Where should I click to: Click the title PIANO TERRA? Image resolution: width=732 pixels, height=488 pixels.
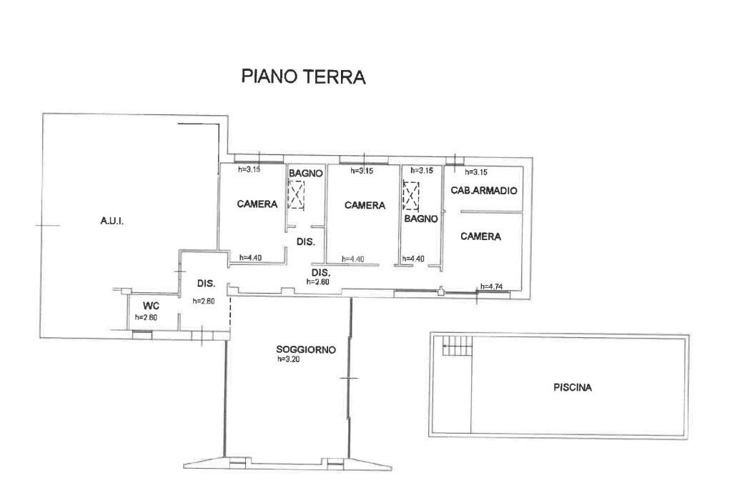(x=303, y=76)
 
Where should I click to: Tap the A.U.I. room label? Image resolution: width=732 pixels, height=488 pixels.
(x=112, y=221)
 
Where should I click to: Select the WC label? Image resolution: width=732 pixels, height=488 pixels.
(x=150, y=307)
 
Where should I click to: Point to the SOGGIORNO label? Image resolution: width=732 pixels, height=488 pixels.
(x=306, y=349)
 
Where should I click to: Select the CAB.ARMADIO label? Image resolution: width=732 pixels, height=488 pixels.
(x=483, y=191)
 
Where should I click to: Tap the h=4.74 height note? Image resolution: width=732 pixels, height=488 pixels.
(x=493, y=287)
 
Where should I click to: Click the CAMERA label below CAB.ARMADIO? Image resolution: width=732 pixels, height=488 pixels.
(x=480, y=236)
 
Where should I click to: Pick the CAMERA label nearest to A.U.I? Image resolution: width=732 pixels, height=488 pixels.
(x=257, y=204)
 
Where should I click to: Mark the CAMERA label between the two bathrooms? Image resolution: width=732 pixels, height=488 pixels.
(x=365, y=205)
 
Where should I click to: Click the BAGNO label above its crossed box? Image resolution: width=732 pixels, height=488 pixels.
(x=306, y=173)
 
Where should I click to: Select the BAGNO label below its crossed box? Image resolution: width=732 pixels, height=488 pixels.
(x=420, y=219)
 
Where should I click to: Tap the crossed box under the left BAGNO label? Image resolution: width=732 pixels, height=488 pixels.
(x=296, y=194)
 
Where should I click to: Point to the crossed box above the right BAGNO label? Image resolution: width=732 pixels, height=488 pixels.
(x=411, y=195)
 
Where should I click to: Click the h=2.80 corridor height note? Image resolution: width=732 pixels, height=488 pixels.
(x=319, y=282)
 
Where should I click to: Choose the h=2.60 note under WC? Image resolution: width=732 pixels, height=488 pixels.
(x=147, y=317)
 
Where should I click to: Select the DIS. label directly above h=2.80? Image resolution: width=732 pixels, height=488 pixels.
(x=321, y=273)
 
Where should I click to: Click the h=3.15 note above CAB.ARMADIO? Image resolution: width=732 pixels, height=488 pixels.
(x=476, y=171)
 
